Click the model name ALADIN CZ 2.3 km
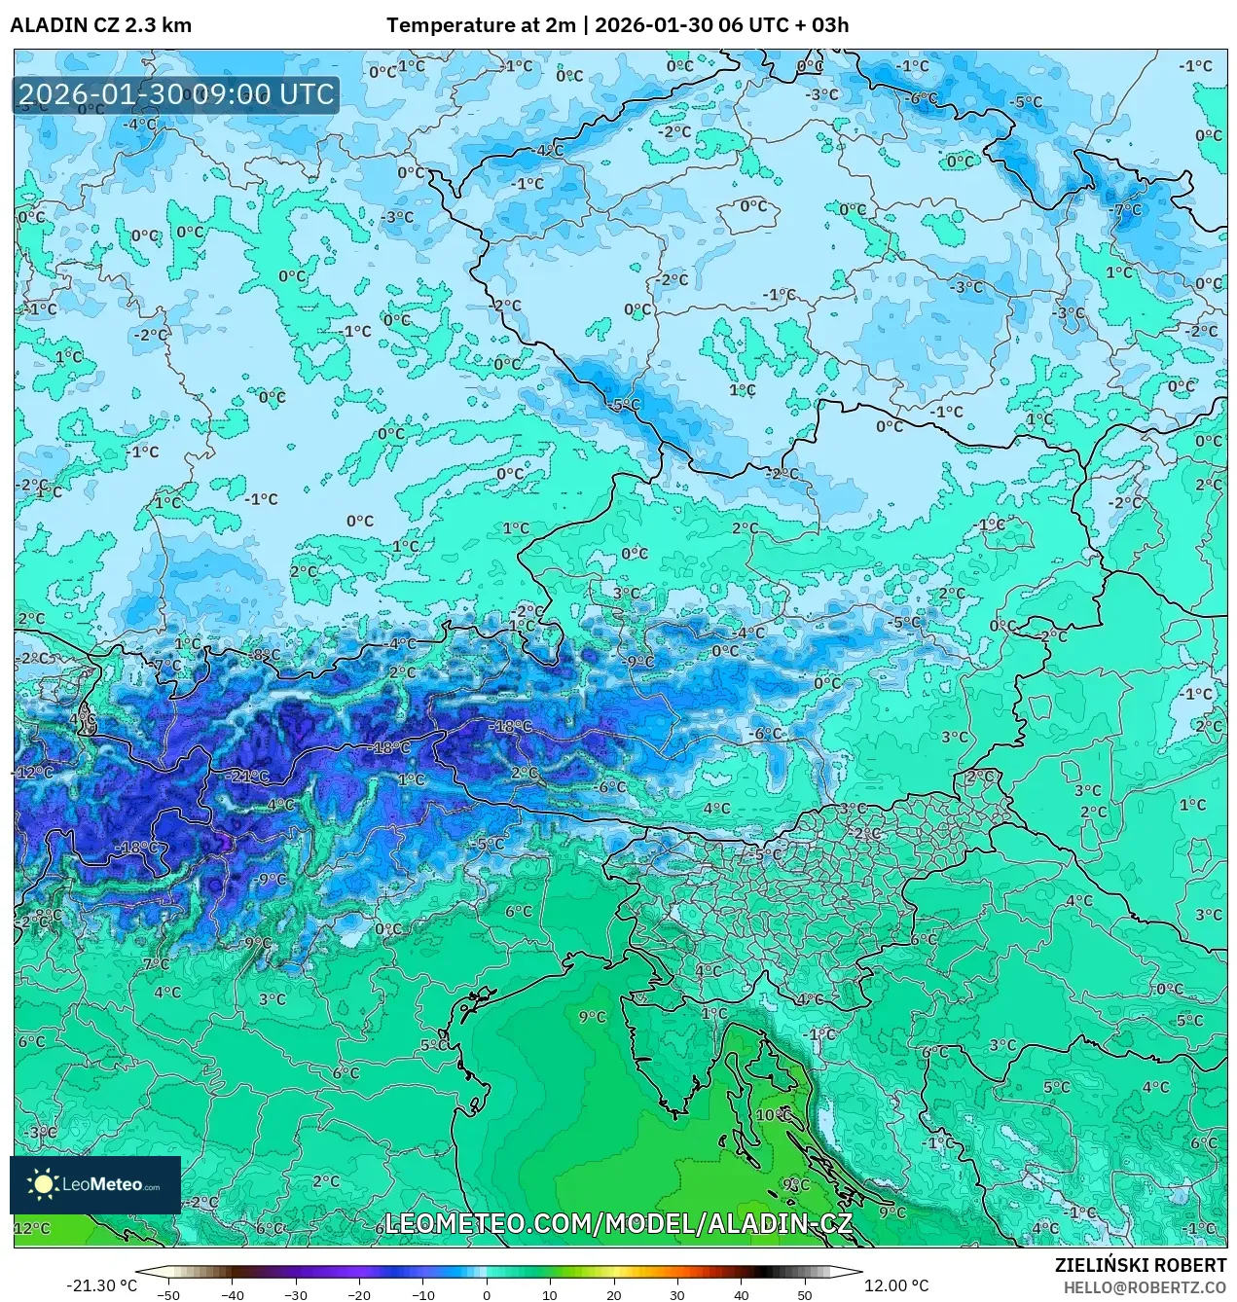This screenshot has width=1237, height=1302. pos(100,25)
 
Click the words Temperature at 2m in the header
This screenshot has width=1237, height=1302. pos(481,25)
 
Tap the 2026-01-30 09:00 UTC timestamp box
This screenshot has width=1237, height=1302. pos(176,94)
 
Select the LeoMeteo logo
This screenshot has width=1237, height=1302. pos(95,1184)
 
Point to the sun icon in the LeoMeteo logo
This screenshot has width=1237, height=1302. pos(43,1184)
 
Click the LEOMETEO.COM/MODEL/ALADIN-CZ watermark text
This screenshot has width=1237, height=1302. pos(619,1223)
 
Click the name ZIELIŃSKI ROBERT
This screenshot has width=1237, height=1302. pos(1141,1265)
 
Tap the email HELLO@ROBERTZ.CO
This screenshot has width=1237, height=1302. pos(1145,1286)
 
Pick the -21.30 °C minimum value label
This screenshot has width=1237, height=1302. pos(101,1285)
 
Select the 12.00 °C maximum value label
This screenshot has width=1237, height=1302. pos(896,1285)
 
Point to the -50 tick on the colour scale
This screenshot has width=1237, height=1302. pos(168,1295)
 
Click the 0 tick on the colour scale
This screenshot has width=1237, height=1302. pos(487,1295)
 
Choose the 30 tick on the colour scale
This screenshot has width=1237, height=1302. pos(677,1295)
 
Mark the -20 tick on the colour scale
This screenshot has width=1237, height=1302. pos(359,1295)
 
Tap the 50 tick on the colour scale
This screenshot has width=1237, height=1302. pos(805,1295)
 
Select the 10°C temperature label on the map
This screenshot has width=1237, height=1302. pos(774,1114)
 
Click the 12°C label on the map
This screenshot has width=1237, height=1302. pos(31,1228)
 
